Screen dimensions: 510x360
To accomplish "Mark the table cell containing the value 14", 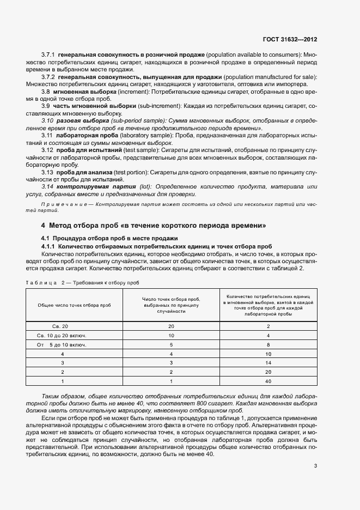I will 269,362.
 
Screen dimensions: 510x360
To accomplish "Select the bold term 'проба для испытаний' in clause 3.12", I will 83,149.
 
